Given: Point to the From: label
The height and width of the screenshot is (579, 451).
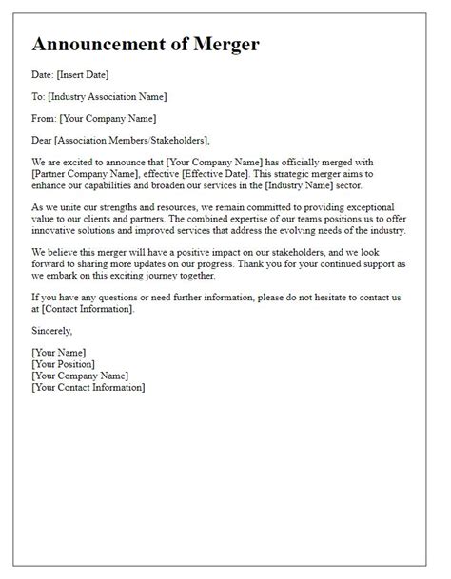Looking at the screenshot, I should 44,118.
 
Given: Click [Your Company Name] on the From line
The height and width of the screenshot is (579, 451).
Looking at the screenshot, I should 108,118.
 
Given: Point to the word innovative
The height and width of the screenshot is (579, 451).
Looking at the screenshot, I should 58,232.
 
